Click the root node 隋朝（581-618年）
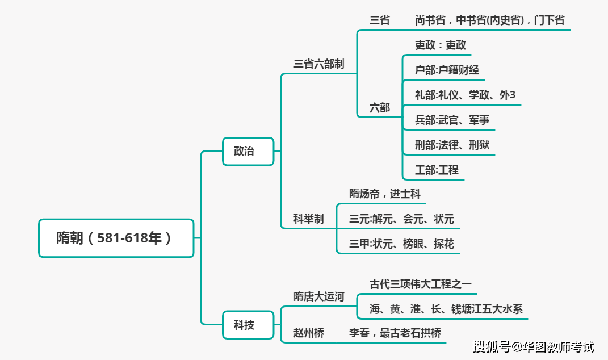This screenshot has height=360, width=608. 116,238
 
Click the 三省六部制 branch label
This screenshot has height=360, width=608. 318,64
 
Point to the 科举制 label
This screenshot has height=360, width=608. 308,219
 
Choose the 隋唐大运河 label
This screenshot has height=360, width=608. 318,297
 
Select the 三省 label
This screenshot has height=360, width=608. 380,20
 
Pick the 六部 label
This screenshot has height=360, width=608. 380,107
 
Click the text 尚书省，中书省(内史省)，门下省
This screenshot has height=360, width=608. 489,20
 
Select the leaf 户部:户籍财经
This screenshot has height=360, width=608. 447,70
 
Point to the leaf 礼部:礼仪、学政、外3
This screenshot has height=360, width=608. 465,95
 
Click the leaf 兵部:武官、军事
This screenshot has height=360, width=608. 452,120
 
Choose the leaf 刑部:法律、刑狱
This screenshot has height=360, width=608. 452,145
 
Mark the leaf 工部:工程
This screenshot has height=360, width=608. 437,170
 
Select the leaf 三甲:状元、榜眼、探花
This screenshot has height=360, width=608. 401,245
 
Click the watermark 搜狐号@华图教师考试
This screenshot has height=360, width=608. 533,346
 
